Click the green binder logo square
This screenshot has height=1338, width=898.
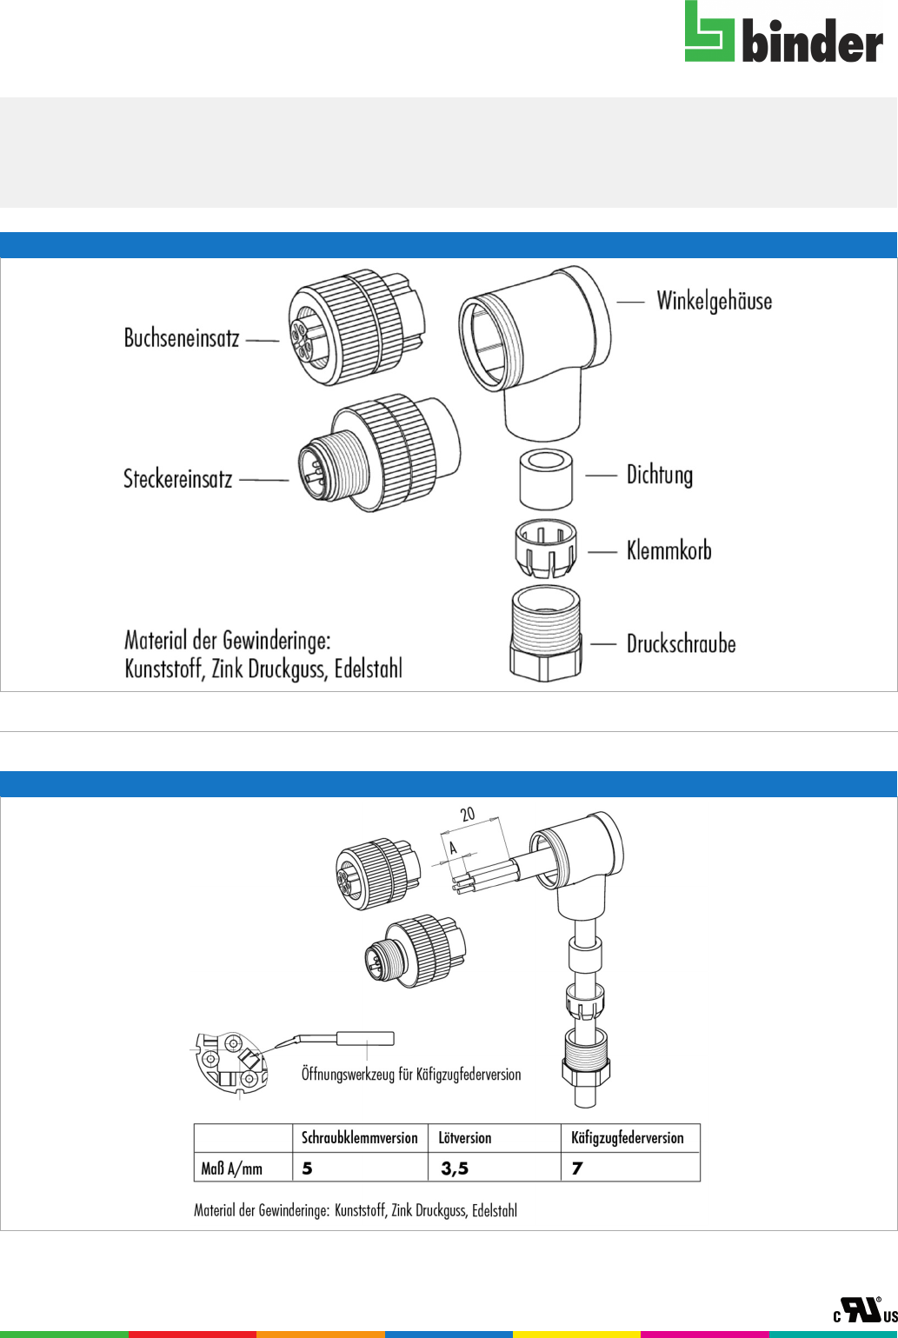tap(709, 31)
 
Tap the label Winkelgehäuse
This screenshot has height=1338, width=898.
tap(714, 302)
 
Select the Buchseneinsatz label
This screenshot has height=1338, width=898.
tap(182, 338)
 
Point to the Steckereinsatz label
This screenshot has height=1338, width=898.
tap(177, 479)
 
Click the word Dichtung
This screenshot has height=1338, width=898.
tap(660, 476)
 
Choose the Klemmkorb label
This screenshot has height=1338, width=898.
tap(669, 550)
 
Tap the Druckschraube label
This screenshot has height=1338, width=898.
tap(682, 644)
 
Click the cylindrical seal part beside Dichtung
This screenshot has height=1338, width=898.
tap(546, 480)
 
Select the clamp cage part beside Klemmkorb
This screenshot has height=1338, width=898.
tap(546, 549)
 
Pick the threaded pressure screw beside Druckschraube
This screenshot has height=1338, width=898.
tap(546, 634)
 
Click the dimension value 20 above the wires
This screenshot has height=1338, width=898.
tap(468, 814)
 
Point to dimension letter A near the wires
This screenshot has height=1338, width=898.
tap(453, 848)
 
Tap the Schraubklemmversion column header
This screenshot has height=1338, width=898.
tap(359, 1138)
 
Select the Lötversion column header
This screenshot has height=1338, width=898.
tap(465, 1138)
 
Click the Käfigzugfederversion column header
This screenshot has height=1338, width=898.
tap(628, 1138)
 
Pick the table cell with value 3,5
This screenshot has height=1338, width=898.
tap(495, 1168)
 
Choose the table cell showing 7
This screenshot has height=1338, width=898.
tap(630, 1168)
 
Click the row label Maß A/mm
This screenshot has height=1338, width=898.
tap(231, 1168)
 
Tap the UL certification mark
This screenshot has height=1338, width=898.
tap(865, 1310)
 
